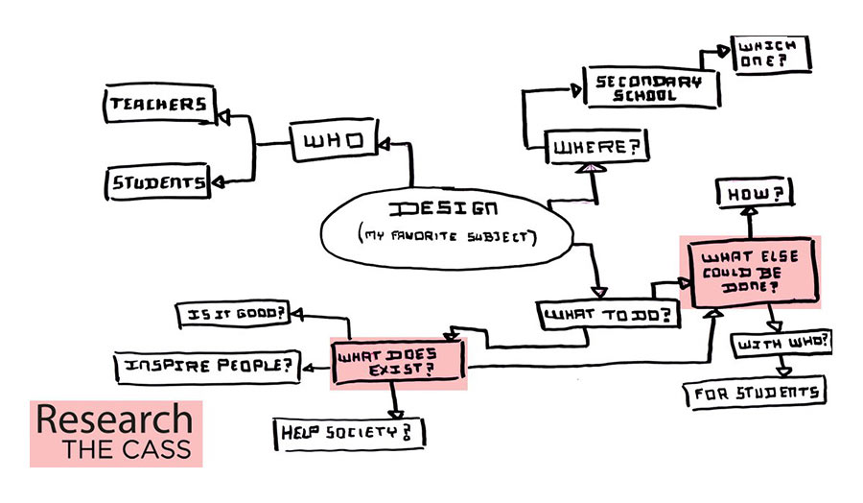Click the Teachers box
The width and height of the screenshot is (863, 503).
[x=156, y=104]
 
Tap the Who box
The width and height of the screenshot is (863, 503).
[x=333, y=142]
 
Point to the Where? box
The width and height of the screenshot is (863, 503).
[x=595, y=149]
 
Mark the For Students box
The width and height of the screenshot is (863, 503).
[x=753, y=393]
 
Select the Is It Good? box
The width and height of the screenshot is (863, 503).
[x=233, y=314]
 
